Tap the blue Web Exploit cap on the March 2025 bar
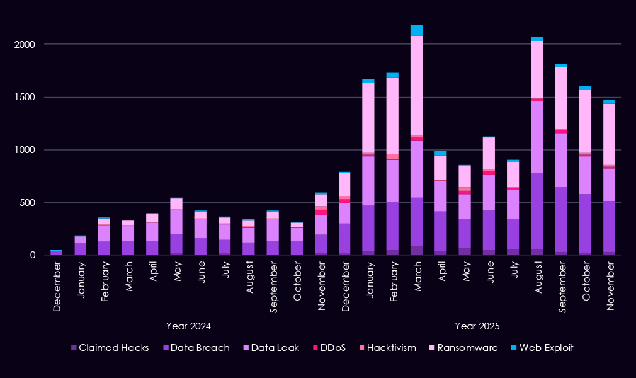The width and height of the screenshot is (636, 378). [416, 30]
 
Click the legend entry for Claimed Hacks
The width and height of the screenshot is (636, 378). [110, 348]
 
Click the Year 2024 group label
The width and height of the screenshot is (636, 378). [188, 326]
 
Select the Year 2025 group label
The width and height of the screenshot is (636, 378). [477, 326]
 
